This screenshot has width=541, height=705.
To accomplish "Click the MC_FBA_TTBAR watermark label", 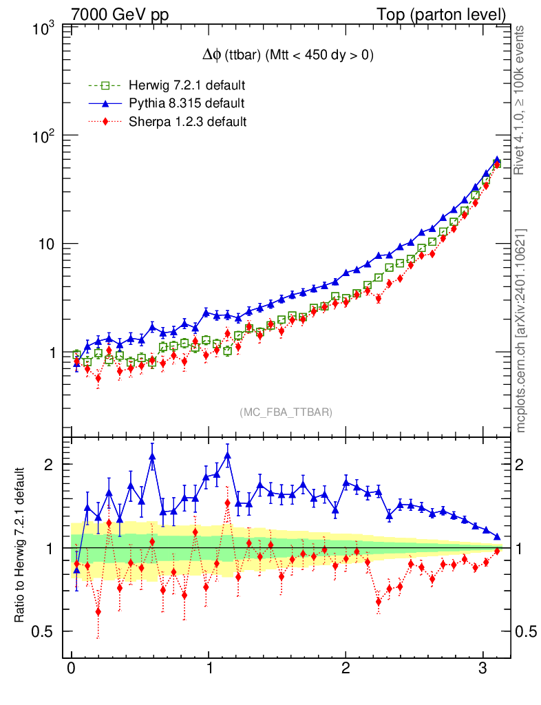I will pos(286,412).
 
